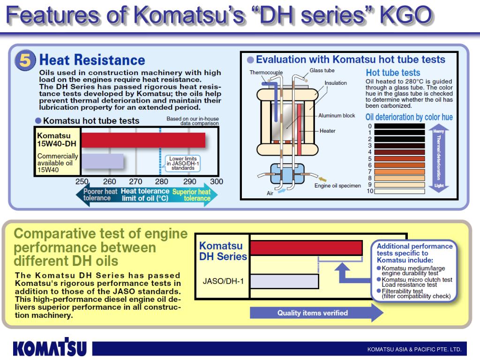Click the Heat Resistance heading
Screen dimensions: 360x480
[92, 60]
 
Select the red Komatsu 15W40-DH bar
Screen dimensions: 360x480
[143, 140]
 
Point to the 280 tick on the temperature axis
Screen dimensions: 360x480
[161, 181]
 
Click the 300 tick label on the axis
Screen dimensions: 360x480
[217, 181]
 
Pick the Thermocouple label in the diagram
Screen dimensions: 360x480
[266, 73]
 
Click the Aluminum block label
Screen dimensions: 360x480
[337, 115]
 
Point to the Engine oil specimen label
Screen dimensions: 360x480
[337, 186]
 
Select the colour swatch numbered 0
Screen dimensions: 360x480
[399, 126]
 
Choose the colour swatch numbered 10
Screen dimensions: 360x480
[399, 191]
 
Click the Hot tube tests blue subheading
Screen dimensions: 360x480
[393, 73]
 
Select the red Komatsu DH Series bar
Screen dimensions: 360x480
[306, 247]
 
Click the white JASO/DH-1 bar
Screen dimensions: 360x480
[284, 281]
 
